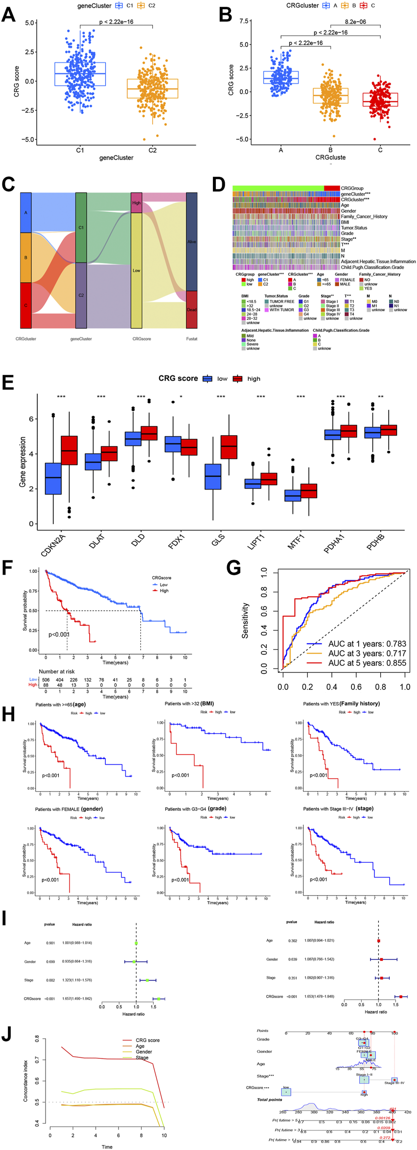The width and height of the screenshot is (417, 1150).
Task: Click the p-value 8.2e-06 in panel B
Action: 355,22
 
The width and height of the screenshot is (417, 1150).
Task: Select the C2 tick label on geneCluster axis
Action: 152,150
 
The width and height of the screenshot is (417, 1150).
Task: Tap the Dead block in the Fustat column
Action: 191,309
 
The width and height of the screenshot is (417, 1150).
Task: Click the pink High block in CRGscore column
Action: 137,203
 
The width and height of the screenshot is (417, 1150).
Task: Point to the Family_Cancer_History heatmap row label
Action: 364,217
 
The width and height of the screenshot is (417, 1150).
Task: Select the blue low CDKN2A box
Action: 53,478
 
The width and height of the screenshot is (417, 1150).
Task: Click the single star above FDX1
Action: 181,397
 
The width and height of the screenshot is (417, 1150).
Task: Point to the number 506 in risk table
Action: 46,680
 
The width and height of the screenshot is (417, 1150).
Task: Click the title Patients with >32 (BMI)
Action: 189,704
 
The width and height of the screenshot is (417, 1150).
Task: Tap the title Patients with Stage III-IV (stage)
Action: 338,808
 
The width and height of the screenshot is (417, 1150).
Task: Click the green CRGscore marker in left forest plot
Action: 159,999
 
